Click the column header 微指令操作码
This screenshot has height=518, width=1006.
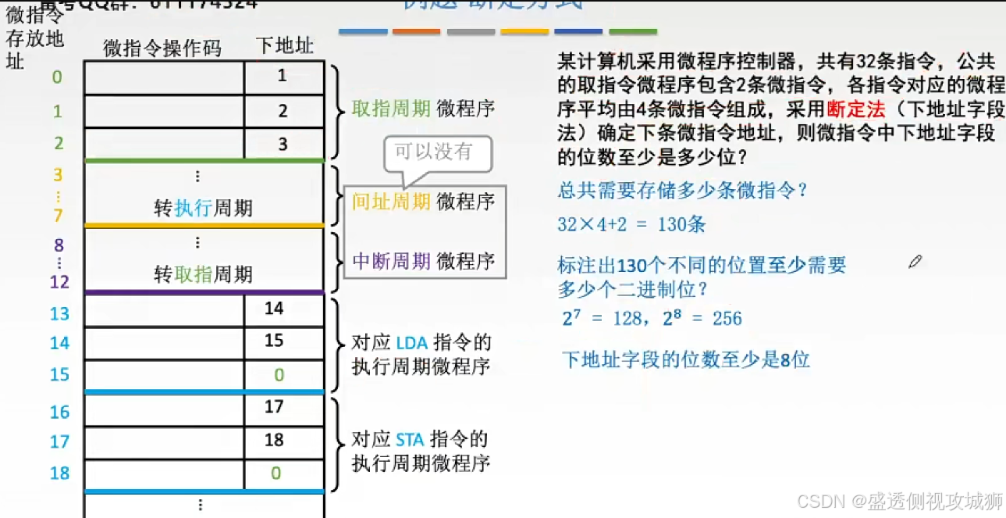coord(162,48)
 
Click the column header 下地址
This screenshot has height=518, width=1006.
coord(284,45)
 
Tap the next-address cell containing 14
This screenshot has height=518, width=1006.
coord(274,309)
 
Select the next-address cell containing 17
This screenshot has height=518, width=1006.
coord(274,407)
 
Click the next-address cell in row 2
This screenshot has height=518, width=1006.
coord(283,145)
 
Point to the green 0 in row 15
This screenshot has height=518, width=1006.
coord(279,375)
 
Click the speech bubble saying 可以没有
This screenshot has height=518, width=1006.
coord(434,151)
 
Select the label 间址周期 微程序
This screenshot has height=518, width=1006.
coord(424,202)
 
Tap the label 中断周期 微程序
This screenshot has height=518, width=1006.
coord(424,261)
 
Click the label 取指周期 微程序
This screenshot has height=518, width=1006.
coord(424,109)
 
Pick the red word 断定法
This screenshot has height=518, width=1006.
coord(856,111)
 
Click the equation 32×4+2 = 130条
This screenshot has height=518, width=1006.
coord(631,224)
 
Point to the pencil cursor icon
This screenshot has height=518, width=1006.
coord(915,262)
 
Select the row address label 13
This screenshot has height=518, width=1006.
coord(59,313)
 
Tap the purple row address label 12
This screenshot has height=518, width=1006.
coord(59,282)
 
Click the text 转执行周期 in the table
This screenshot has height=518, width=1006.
coord(203,209)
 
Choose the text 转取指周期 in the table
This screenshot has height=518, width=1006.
coord(203,274)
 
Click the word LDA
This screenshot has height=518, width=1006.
coord(411,343)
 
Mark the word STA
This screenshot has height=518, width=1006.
coord(410,439)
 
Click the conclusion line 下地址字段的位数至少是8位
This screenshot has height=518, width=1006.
coord(686,359)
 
